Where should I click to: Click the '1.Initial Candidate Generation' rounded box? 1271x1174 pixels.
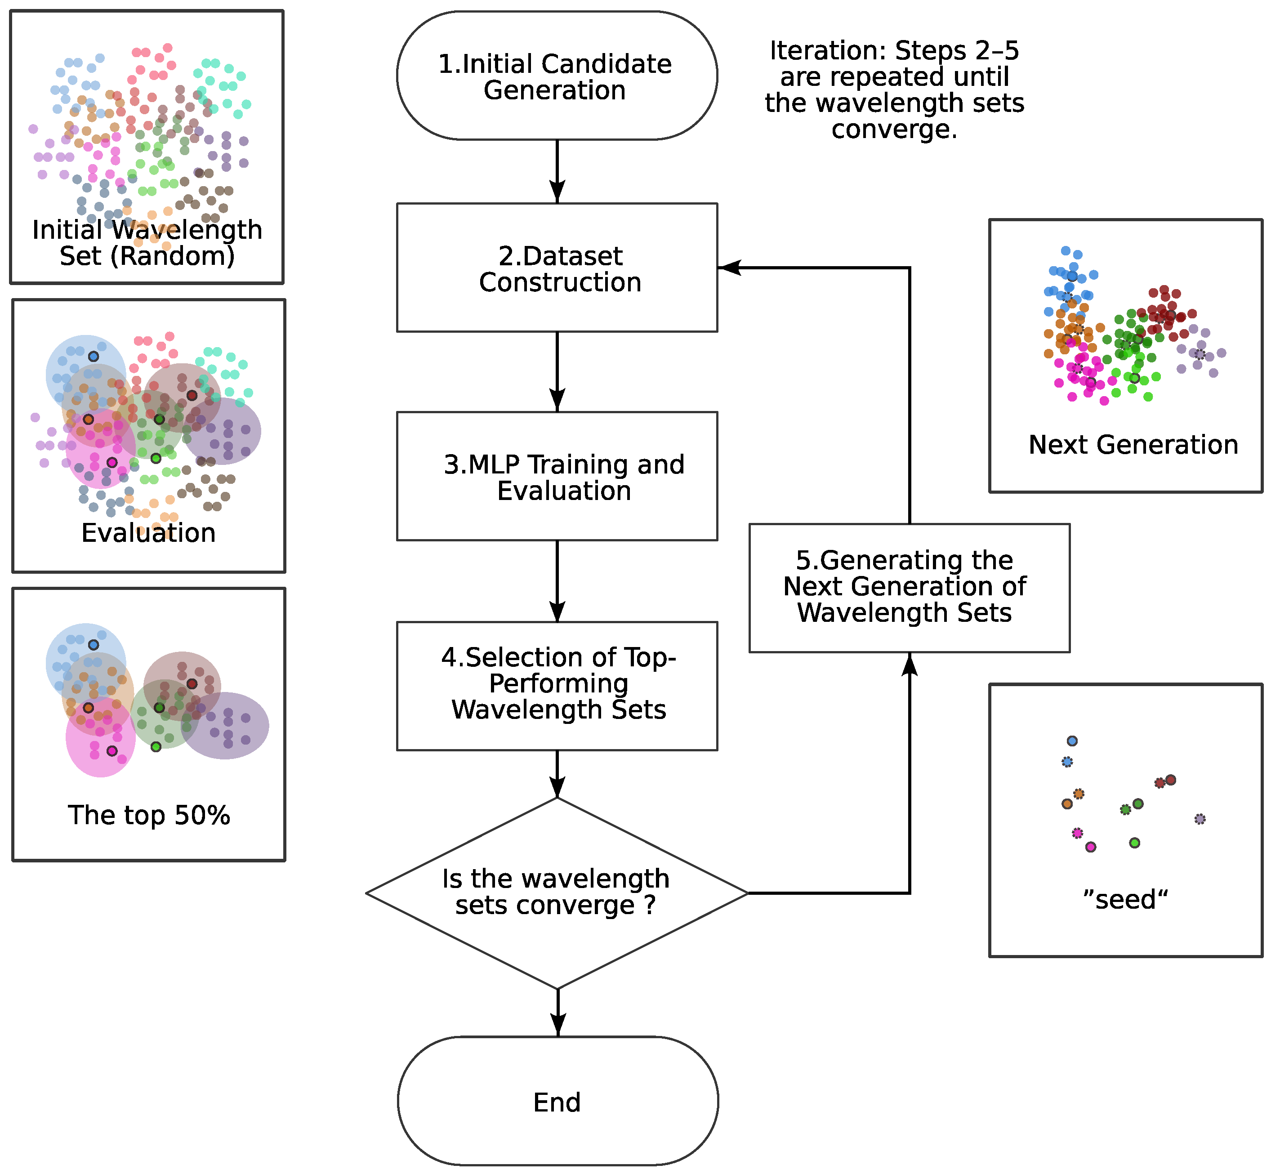point(557,76)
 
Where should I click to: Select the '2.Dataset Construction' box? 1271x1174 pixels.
point(557,268)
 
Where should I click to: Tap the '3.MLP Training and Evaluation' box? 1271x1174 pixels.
point(557,477)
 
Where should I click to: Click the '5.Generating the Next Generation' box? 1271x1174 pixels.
point(909,588)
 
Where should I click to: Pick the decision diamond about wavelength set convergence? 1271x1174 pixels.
point(557,893)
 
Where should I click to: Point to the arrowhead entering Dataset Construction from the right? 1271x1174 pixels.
point(729,268)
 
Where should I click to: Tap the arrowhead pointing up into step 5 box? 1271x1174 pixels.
point(910,664)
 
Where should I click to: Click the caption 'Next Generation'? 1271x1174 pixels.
point(1133,445)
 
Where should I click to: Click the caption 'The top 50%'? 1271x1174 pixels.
point(149,815)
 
